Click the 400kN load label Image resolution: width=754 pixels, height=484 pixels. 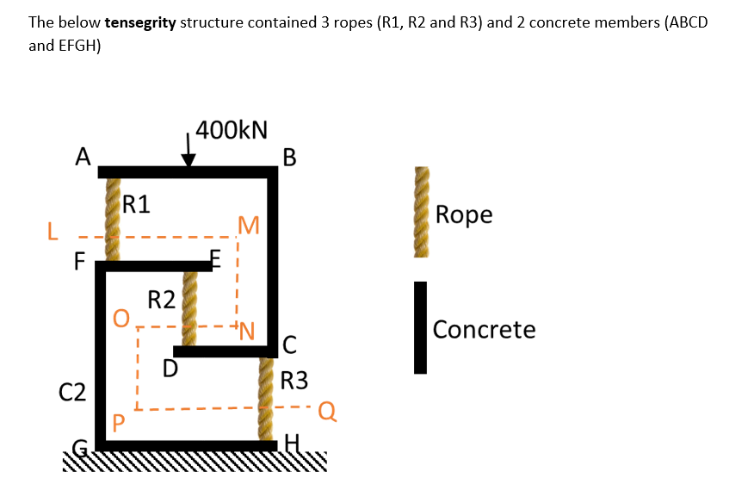point(231,131)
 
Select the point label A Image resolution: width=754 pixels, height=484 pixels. point(83,156)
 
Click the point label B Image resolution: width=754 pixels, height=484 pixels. point(289,158)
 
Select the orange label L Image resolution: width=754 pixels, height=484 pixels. point(53,232)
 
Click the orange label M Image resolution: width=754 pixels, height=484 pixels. point(249,226)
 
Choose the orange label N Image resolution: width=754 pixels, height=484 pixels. point(247,330)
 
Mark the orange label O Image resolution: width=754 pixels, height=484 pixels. point(122,320)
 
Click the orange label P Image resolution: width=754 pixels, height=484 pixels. point(119,423)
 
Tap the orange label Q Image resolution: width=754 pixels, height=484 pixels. point(326,410)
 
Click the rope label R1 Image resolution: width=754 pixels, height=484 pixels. point(136,204)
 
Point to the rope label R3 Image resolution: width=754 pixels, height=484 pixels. point(294,380)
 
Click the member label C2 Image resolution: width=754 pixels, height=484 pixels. point(72,393)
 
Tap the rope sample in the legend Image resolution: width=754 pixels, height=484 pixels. point(421,212)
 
